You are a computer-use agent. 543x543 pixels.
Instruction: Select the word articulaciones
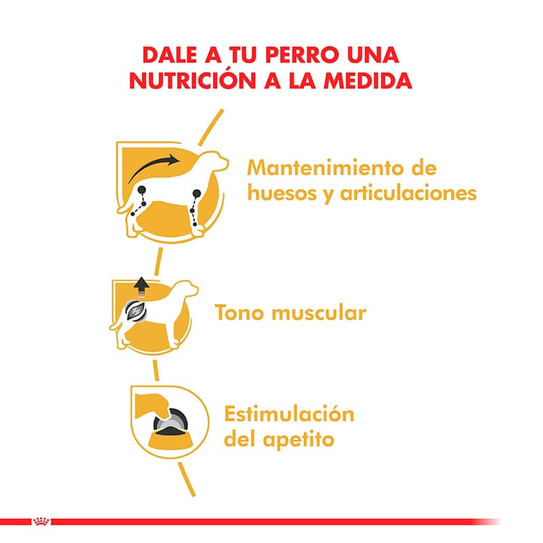point(409,193)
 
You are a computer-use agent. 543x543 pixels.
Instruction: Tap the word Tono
point(239,312)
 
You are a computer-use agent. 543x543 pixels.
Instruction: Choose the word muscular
point(318,312)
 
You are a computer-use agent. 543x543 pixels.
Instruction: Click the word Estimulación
point(289,414)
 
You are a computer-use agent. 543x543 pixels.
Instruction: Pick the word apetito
point(299,440)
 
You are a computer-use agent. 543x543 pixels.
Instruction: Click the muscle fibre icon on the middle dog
point(136,310)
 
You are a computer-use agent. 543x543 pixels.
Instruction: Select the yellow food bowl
point(171,439)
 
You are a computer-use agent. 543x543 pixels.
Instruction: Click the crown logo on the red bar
point(41,521)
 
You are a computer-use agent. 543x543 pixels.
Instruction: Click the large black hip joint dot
point(142,190)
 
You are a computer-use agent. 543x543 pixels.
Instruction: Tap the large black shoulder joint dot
point(197,193)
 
